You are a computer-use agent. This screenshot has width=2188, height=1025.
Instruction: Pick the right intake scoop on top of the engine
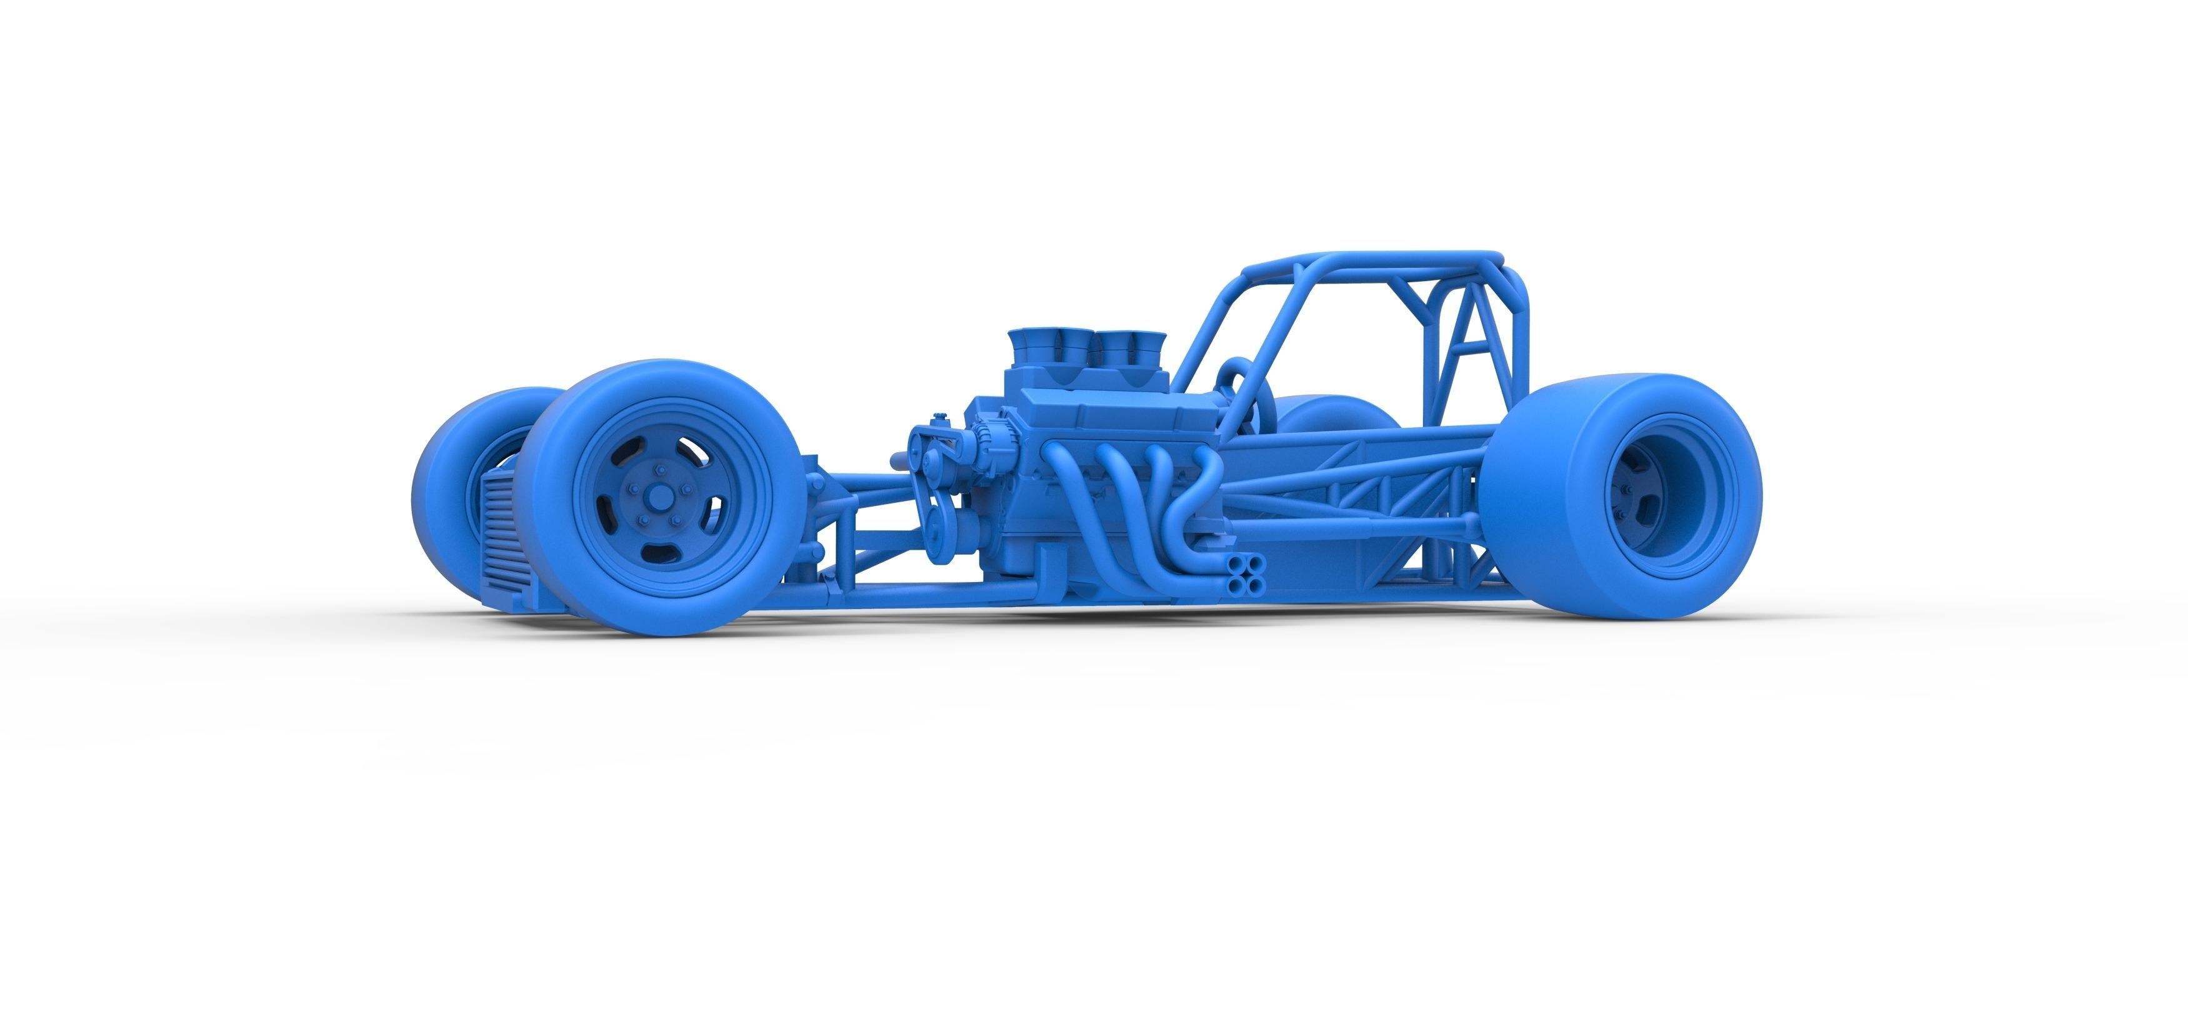click(x=1121, y=348)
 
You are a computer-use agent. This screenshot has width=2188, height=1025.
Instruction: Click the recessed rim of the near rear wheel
click(x=1656, y=497)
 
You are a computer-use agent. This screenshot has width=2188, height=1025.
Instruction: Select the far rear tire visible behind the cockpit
click(x=1334, y=412)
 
